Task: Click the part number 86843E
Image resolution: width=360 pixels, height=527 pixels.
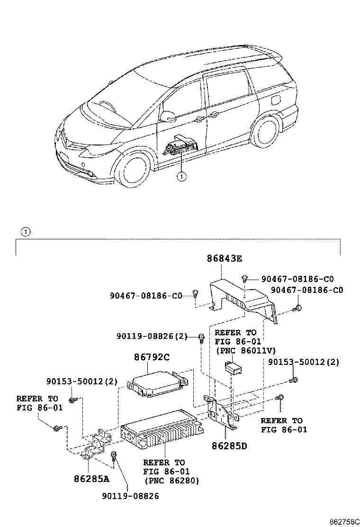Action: click(224, 259)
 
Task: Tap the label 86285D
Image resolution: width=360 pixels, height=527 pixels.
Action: click(230, 446)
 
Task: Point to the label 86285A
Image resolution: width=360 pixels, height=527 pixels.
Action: click(91, 478)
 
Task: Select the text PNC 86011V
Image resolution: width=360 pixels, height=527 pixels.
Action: click(238, 351)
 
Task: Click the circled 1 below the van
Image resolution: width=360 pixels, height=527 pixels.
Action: click(180, 177)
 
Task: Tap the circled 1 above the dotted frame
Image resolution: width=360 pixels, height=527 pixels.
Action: click(26, 232)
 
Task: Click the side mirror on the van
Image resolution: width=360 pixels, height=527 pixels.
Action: click(168, 117)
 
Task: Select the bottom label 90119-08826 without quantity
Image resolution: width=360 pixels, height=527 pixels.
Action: click(130, 496)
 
